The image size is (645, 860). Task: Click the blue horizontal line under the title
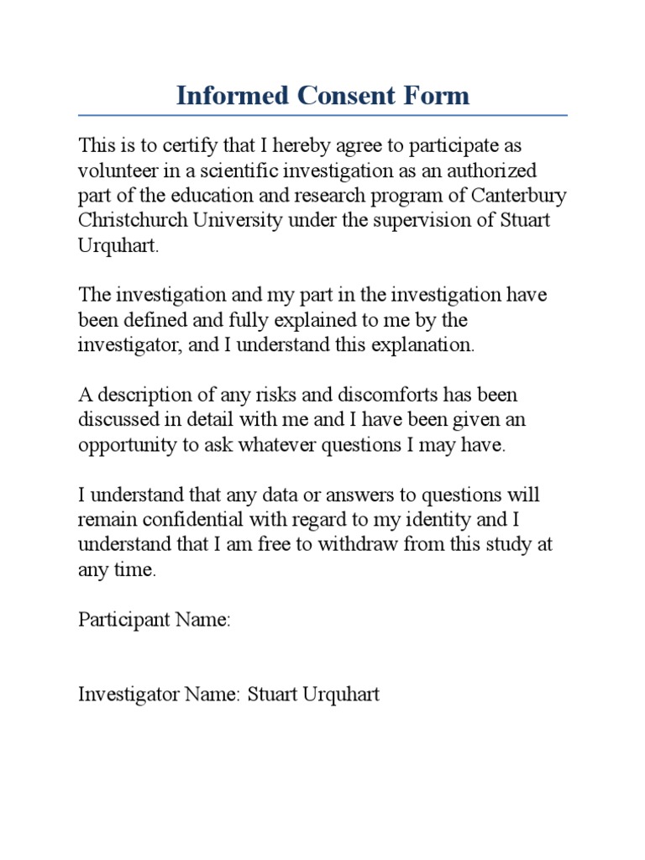(x=322, y=115)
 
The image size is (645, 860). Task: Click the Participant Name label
(x=155, y=620)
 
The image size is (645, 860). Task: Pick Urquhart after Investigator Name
(x=341, y=695)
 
